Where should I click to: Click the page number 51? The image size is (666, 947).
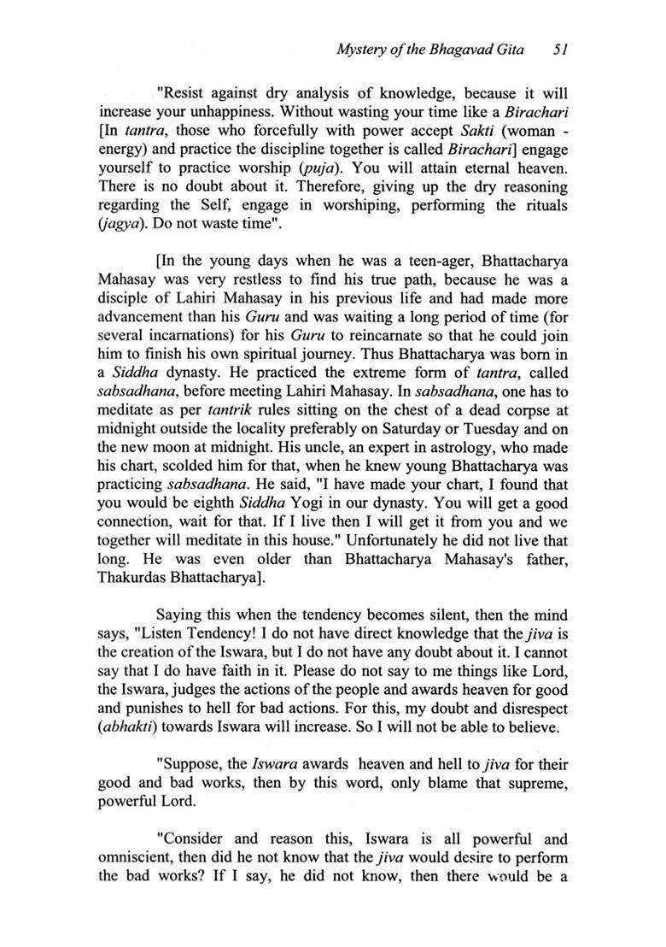coord(561,50)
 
